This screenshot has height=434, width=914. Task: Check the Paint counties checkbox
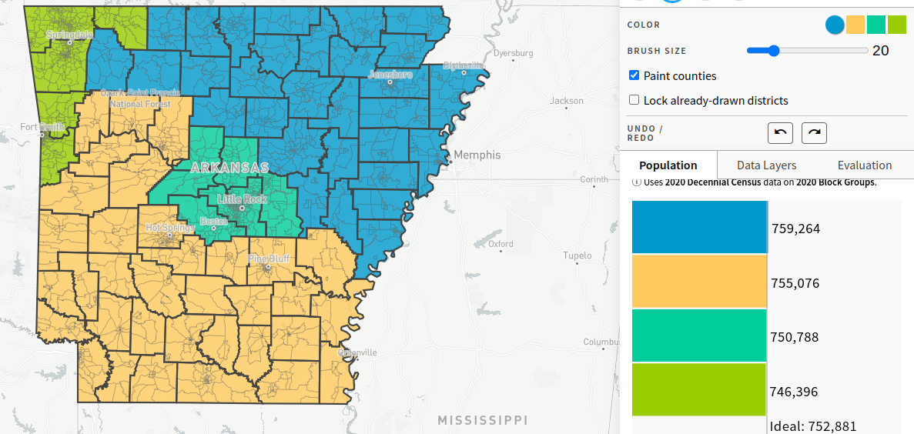coord(634,75)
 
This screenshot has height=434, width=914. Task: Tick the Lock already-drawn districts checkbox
coord(634,100)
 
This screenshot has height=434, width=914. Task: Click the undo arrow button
coord(780,132)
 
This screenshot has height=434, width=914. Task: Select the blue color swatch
coord(835,25)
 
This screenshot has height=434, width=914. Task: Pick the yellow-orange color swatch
coord(855,25)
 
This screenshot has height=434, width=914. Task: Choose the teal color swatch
coord(876,25)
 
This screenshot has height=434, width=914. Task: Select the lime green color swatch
coord(897,25)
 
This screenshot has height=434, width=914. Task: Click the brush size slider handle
coord(773,51)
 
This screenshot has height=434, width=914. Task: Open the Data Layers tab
coord(766,165)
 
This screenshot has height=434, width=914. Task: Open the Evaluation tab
coord(865,165)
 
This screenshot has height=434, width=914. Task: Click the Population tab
coord(668,165)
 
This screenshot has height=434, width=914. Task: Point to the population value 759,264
coord(795,229)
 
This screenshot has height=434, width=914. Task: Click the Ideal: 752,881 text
coord(813,426)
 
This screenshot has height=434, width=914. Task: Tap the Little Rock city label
coord(242,199)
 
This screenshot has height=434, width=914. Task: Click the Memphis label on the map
coord(477,155)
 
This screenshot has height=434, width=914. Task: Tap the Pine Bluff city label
coord(270,259)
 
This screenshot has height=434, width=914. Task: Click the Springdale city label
coord(68,35)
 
